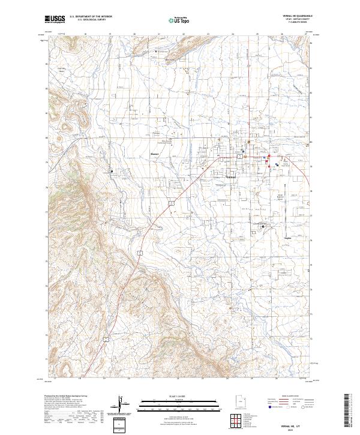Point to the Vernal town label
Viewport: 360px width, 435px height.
coord(230,178)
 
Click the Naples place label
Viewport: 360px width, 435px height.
coord(287,238)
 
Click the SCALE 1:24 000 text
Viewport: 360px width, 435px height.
coord(171,396)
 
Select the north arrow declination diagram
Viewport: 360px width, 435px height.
coord(125,405)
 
